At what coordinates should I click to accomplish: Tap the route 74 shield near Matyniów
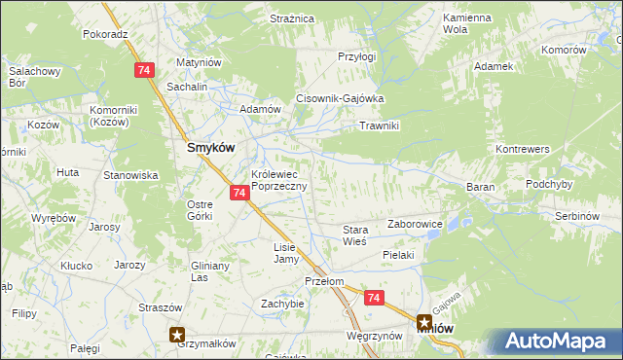(x=144, y=70)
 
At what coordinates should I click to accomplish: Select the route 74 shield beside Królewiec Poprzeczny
(x=239, y=194)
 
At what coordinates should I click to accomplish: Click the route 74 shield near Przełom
(x=375, y=300)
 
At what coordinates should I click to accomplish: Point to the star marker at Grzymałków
(x=177, y=335)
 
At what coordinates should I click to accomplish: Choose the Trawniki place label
(x=381, y=126)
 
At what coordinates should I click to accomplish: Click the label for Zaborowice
(x=416, y=224)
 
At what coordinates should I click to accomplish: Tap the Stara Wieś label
(x=353, y=235)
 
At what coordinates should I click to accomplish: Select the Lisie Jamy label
(x=285, y=253)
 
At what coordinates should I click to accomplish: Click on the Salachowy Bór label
(x=34, y=77)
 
